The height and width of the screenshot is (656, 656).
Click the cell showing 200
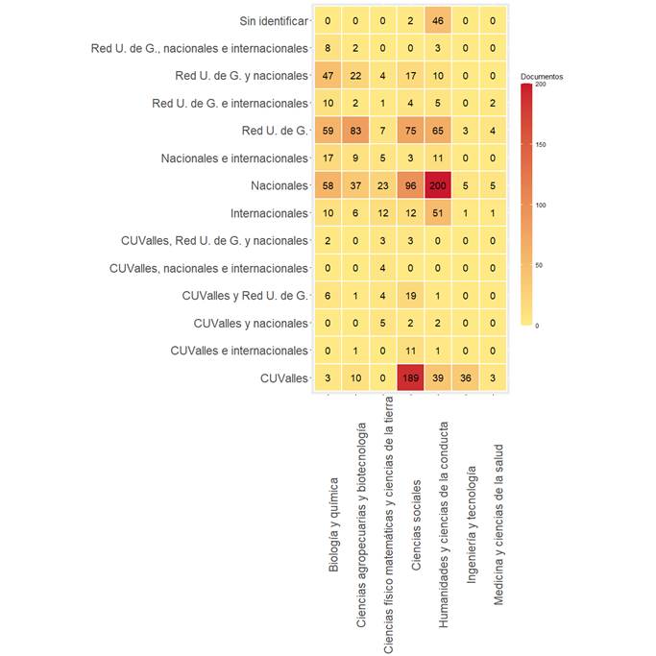tap(437, 185)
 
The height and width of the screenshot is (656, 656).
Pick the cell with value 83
tap(355, 131)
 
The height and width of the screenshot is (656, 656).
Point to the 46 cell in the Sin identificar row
tap(437, 20)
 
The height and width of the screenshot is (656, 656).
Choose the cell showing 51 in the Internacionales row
tap(437, 213)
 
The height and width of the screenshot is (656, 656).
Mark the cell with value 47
tap(328, 76)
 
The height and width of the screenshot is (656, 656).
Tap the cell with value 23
tap(382, 185)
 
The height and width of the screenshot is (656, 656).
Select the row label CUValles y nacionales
tap(251, 324)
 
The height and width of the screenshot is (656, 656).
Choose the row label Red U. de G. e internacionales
tap(231, 103)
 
